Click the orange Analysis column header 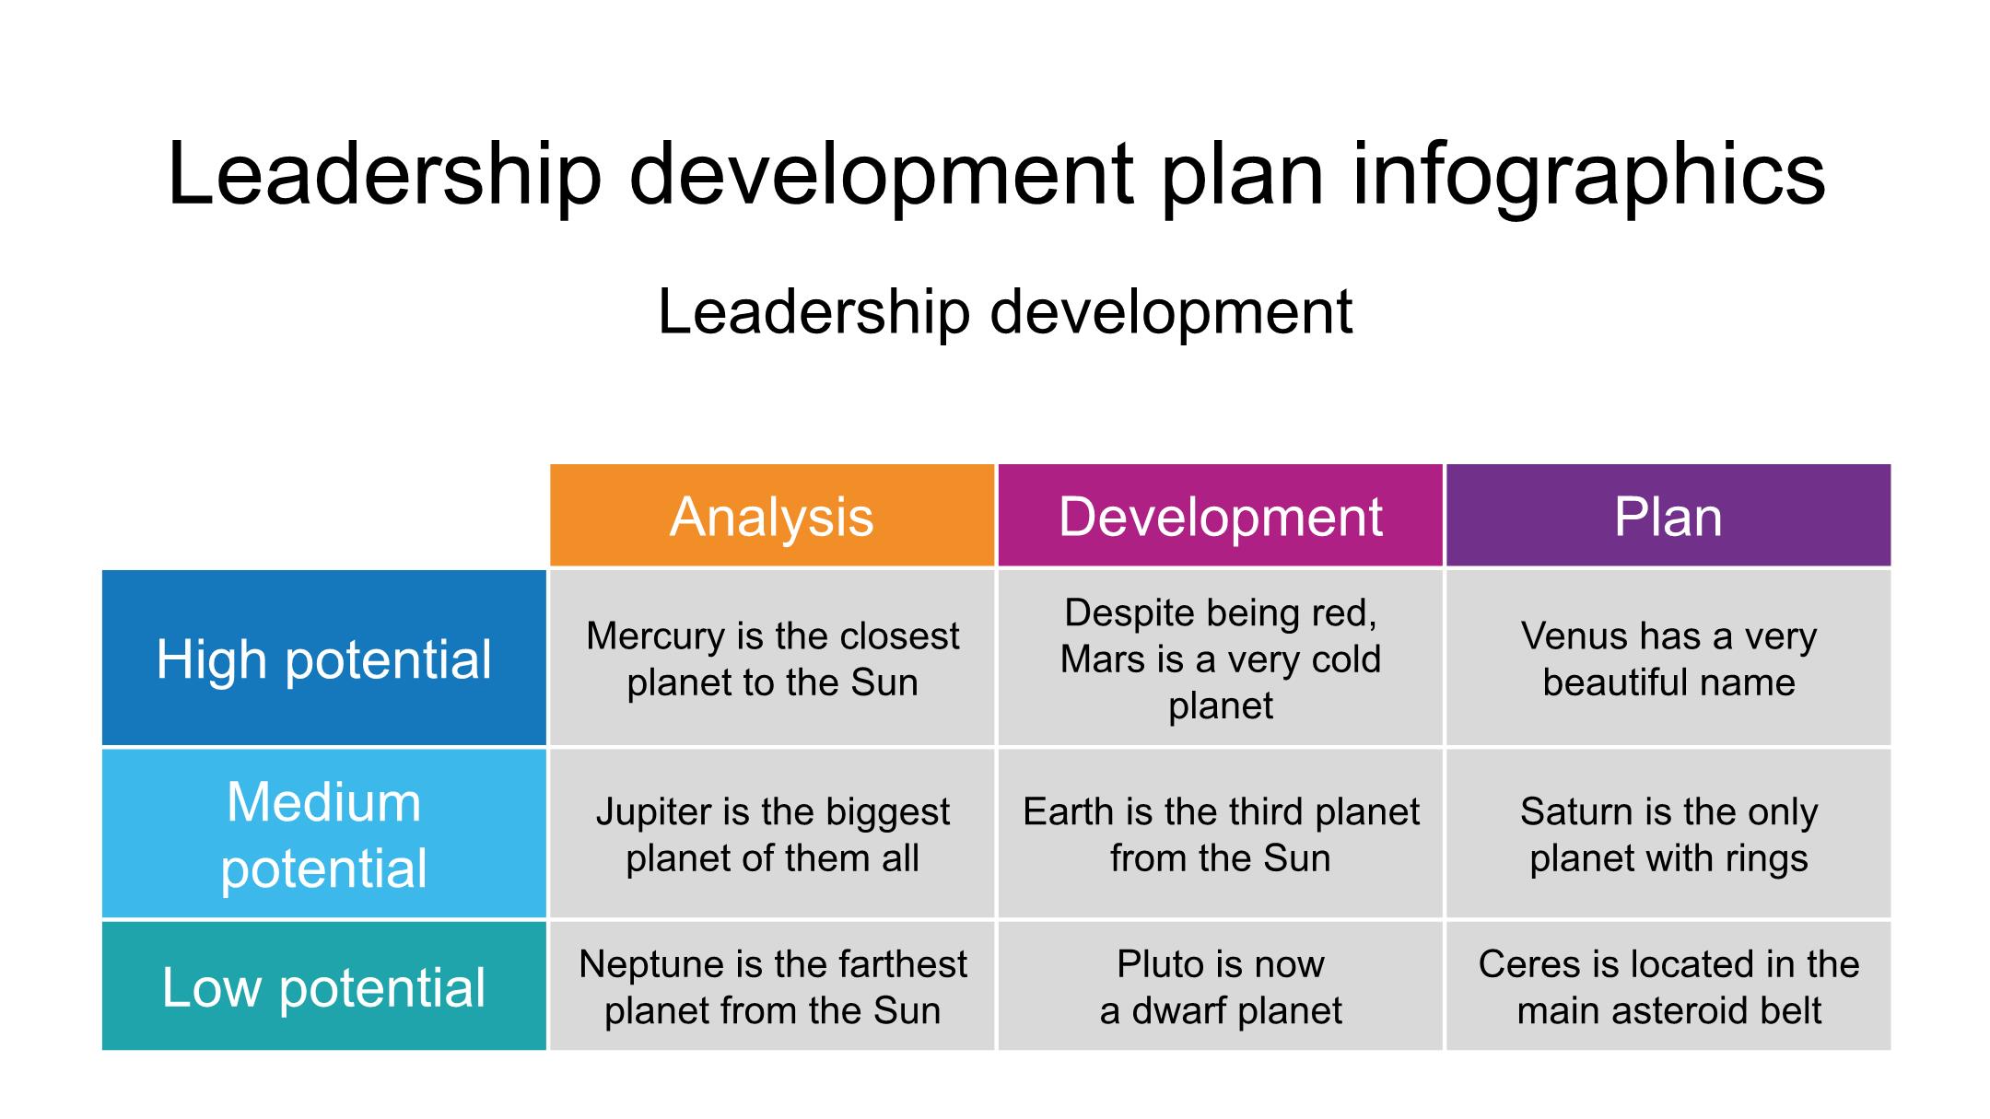(x=772, y=515)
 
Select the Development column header (x=1220, y=515)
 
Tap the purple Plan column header (x=1668, y=515)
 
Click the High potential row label (x=324, y=658)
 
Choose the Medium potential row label (x=324, y=833)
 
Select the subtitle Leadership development (x=1005, y=312)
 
